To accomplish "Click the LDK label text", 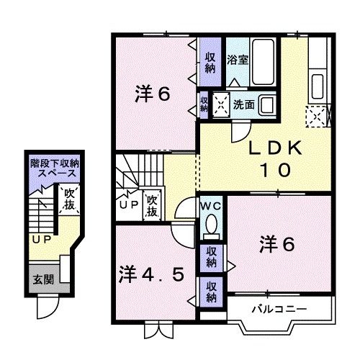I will tap(272, 148).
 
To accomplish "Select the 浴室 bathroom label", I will tap(238, 60).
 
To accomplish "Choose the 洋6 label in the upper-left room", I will tap(153, 94).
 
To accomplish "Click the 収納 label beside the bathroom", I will tap(210, 63).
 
